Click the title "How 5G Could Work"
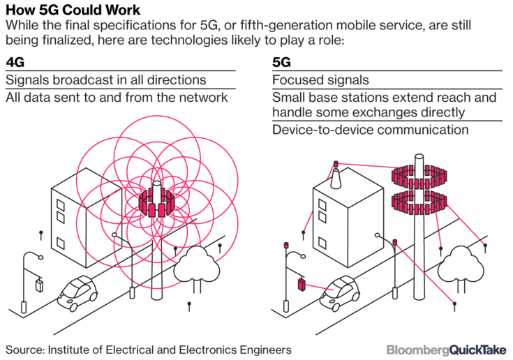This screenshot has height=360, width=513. (73, 10)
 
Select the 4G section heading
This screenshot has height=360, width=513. (15, 62)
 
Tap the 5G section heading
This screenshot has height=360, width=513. (281, 62)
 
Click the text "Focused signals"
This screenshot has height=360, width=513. (320, 80)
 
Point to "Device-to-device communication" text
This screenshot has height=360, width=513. (371, 130)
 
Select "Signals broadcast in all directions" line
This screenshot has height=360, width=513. (106, 80)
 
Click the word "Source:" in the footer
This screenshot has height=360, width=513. (25, 350)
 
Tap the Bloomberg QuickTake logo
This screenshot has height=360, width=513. (446, 350)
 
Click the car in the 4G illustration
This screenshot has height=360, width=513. (77, 293)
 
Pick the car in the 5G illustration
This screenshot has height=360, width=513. (340, 293)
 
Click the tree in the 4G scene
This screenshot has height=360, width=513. (196, 267)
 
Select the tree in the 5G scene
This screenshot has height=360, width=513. (461, 267)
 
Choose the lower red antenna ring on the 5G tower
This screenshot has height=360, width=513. (419, 202)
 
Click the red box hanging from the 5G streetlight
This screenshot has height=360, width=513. (302, 284)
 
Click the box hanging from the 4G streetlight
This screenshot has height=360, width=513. (39, 285)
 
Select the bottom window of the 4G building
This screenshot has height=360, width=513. (61, 243)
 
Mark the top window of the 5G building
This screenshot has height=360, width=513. (322, 206)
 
